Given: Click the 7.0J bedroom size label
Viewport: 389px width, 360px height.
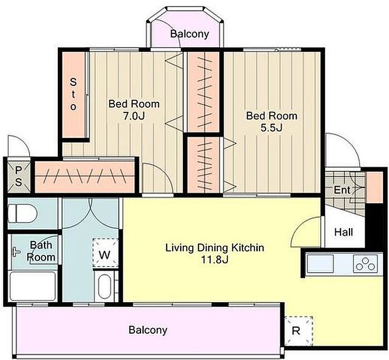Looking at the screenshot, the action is click(134, 116).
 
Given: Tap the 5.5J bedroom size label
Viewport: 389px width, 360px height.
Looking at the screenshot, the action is click(271, 128).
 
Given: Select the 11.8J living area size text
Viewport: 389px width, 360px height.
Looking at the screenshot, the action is click(215, 260).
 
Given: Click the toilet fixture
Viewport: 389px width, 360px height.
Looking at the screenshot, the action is click(23, 214).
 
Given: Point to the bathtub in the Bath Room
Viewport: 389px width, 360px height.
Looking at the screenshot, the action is click(33, 286).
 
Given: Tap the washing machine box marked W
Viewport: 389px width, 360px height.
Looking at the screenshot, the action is click(105, 253).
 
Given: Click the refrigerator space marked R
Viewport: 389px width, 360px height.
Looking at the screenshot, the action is click(298, 331).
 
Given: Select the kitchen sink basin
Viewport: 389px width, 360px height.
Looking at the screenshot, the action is click(320, 263).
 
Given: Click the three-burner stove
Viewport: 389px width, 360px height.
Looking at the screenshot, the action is click(365, 263).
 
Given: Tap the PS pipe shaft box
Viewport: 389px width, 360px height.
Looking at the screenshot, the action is click(18, 176).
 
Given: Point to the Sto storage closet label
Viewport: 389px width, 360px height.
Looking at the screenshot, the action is click(73, 95).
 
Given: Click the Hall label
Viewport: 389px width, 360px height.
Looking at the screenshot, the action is click(343, 232).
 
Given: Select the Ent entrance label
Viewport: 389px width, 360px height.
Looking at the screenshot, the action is click(342, 190).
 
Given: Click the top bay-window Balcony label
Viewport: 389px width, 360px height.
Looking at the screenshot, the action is click(189, 34).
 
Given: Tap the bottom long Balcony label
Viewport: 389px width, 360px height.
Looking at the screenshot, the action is click(148, 330).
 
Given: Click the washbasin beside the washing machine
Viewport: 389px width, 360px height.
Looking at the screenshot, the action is click(105, 286).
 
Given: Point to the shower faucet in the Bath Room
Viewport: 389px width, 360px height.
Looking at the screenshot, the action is click(16, 252).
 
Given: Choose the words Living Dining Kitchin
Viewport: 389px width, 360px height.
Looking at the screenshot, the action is click(215, 248).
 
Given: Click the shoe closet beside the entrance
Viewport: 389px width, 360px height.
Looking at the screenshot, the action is click(375, 187).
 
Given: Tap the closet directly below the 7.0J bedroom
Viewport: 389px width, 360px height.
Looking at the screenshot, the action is click(84, 176).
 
